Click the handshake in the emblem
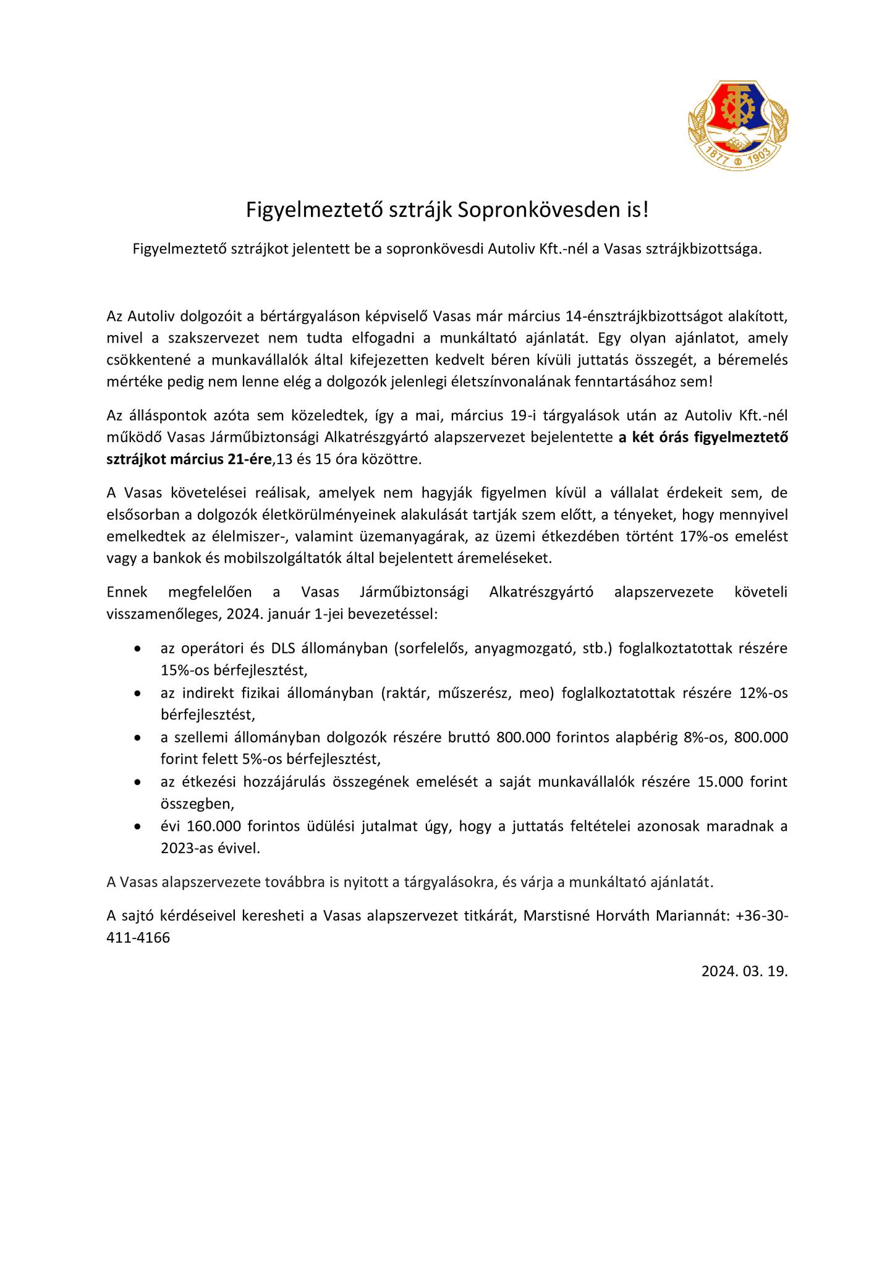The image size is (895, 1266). pyautogui.click(x=739, y=140)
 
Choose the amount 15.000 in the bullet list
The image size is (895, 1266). pyautogui.click(x=720, y=782)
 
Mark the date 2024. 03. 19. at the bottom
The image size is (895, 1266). pyautogui.click(x=744, y=971)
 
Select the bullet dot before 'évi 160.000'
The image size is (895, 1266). pyautogui.click(x=137, y=827)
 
